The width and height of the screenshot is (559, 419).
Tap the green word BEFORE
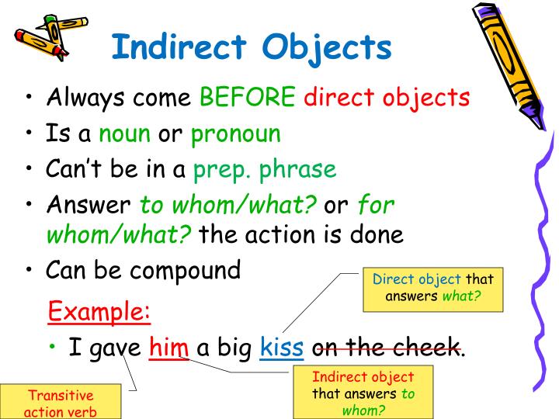248,99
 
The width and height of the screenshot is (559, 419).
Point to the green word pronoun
236,134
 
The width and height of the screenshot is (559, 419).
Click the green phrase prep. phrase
265,169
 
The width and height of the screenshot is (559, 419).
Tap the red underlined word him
169,347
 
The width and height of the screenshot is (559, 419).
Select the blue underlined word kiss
282,347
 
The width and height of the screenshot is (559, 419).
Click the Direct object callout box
432,287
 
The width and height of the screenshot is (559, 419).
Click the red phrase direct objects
387,99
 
